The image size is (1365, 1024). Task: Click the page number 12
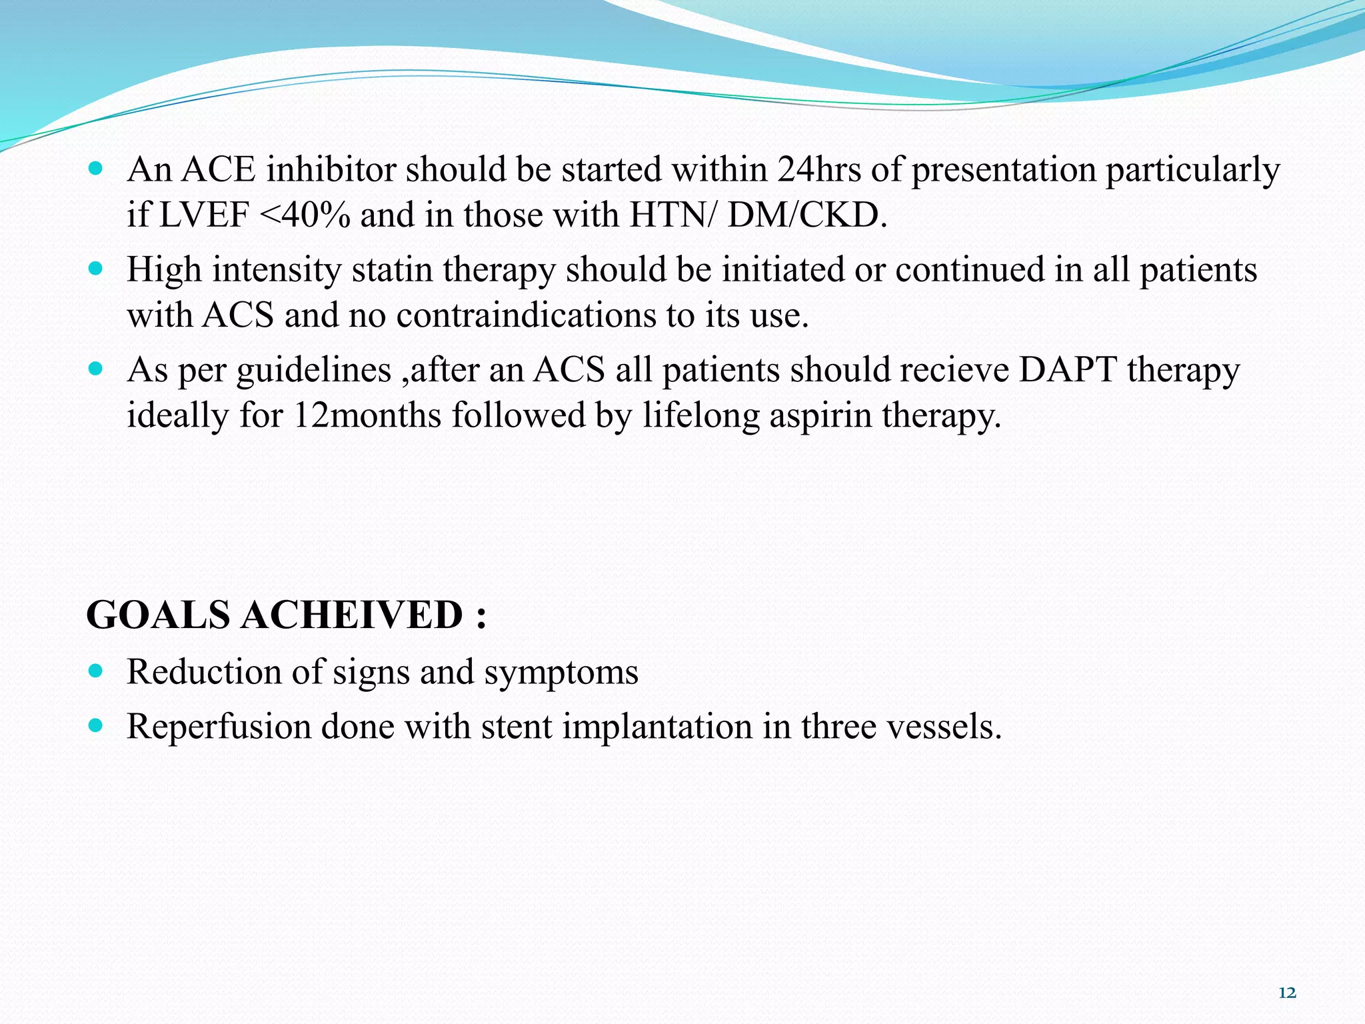1287,993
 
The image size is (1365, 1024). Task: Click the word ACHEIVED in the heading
351,615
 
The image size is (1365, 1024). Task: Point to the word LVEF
204,215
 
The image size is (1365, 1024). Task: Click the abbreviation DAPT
1068,369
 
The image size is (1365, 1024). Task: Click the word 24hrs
818,169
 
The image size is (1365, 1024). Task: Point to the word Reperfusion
219,727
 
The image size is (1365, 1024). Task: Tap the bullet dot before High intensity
96,269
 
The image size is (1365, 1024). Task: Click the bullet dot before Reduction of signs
96,671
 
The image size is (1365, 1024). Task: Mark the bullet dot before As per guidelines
96,369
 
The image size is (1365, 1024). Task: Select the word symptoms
561,672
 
